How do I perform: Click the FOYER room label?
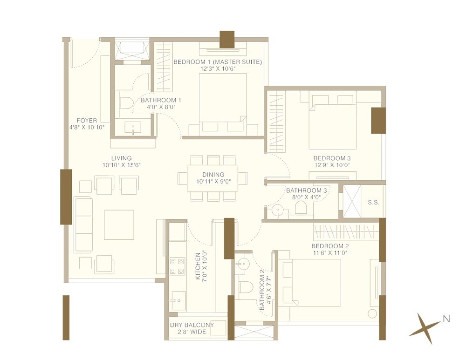click(87, 121)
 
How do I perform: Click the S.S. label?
click(373, 203)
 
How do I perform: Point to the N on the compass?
click(446, 319)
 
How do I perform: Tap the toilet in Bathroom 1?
click(124, 103)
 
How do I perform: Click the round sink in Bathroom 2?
click(241, 263)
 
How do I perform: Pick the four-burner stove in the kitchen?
click(177, 266)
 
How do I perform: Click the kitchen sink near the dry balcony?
click(178, 301)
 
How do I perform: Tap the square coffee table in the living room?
click(119, 224)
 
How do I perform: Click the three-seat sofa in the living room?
click(83, 224)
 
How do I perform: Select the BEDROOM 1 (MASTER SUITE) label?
click(217, 62)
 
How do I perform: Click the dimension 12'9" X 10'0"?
click(331, 165)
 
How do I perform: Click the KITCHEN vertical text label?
click(198, 267)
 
